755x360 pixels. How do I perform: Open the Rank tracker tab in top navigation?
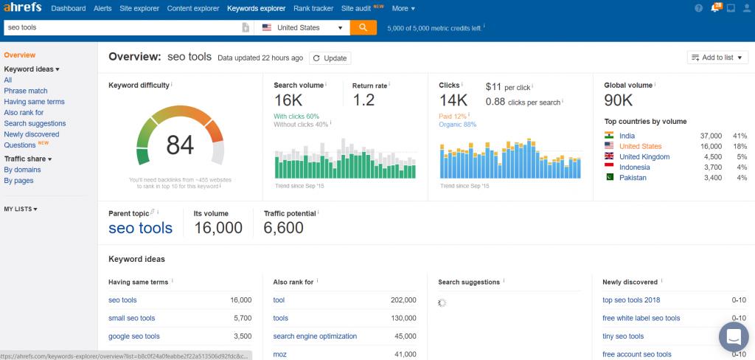point(313,9)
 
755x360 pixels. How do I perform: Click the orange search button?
point(363,27)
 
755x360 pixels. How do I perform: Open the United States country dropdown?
point(302,27)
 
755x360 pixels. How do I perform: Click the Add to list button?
point(717,58)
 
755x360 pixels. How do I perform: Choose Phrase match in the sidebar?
point(26,91)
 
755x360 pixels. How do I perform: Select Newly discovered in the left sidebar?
point(32,134)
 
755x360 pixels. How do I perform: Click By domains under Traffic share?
point(22,170)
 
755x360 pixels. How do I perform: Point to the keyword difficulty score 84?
point(180,145)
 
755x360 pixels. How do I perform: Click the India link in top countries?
point(627,136)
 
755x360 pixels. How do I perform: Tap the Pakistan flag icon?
point(609,178)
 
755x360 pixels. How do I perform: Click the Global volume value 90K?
point(618,100)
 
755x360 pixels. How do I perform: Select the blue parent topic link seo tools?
point(140,228)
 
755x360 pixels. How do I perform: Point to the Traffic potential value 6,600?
point(283,228)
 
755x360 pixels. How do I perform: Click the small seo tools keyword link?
point(131,319)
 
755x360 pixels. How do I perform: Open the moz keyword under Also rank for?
point(279,355)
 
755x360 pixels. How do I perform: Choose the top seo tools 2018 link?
point(631,300)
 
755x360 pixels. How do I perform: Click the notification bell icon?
point(714,9)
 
